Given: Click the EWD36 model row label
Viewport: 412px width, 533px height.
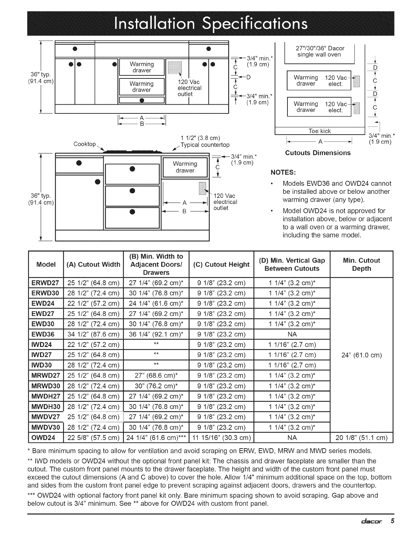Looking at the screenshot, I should click(x=45, y=334).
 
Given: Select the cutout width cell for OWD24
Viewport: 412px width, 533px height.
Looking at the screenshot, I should click(x=94, y=438).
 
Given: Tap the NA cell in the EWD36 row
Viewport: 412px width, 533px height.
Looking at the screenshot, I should click(x=292, y=334).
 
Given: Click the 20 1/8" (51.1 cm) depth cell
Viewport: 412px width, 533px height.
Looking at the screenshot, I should click(x=362, y=438).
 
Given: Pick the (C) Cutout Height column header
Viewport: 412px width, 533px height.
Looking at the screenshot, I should click(x=221, y=264).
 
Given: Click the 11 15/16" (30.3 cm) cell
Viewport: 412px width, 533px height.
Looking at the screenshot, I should click(x=221, y=438).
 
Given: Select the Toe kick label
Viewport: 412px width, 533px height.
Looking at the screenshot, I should click(x=320, y=131).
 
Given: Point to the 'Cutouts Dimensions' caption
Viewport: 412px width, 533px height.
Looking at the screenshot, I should click(x=318, y=153).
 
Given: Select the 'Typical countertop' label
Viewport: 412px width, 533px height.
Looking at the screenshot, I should click(x=205, y=145).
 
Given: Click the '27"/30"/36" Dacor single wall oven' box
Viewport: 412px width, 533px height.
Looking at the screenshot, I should click(x=319, y=51).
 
